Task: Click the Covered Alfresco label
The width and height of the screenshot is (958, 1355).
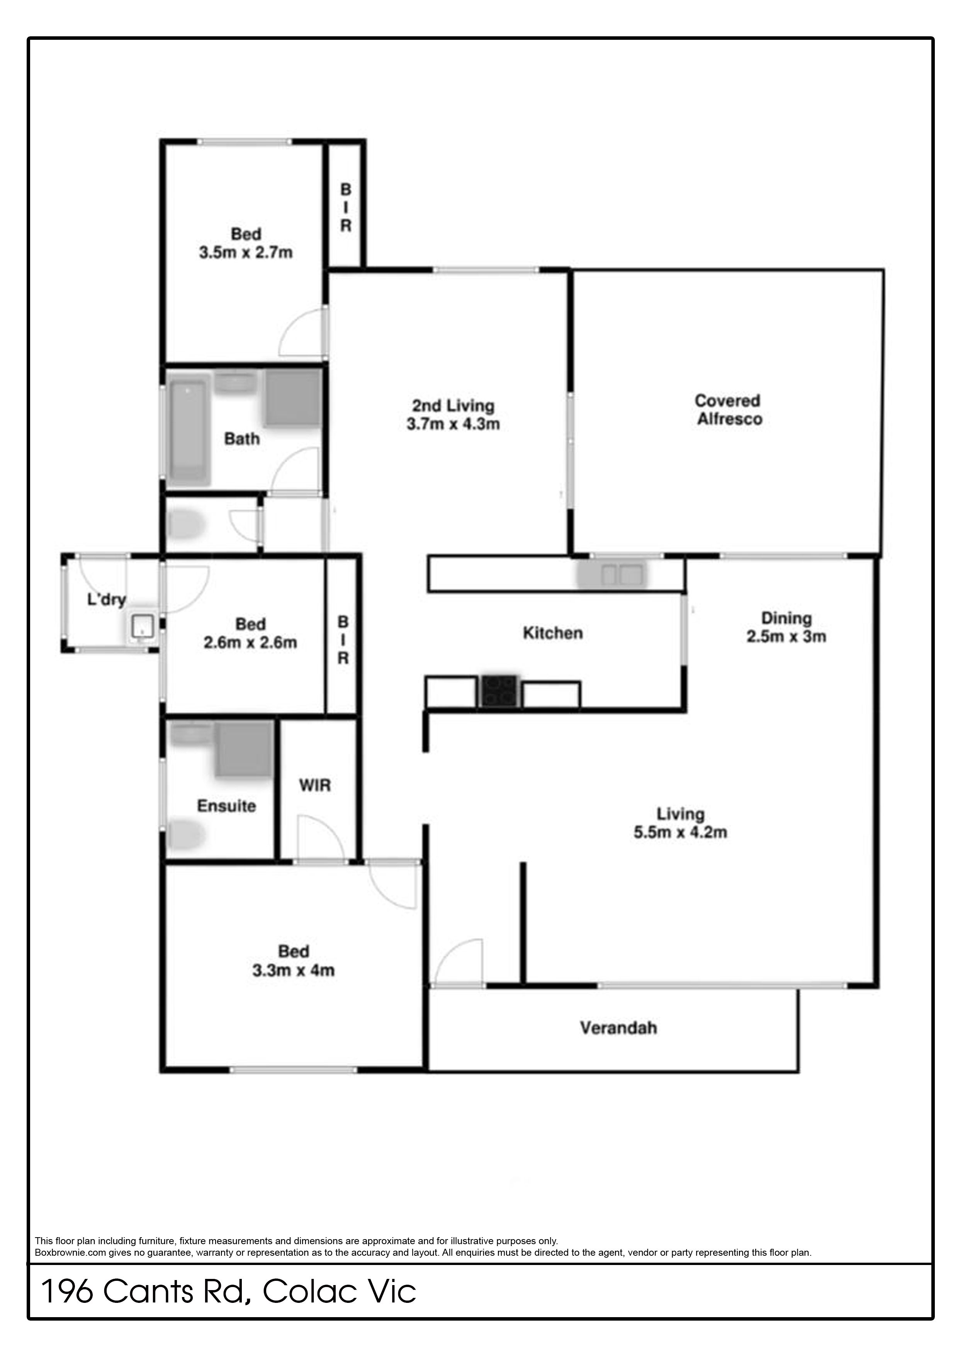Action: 729,409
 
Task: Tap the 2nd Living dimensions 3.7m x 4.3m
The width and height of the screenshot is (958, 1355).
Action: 454,424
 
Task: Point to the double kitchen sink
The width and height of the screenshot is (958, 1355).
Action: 613,575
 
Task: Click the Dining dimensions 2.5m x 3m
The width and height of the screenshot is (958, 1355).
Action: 786,636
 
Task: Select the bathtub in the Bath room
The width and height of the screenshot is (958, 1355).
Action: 189,432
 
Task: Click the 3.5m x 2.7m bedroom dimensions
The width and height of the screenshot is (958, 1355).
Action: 246,253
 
